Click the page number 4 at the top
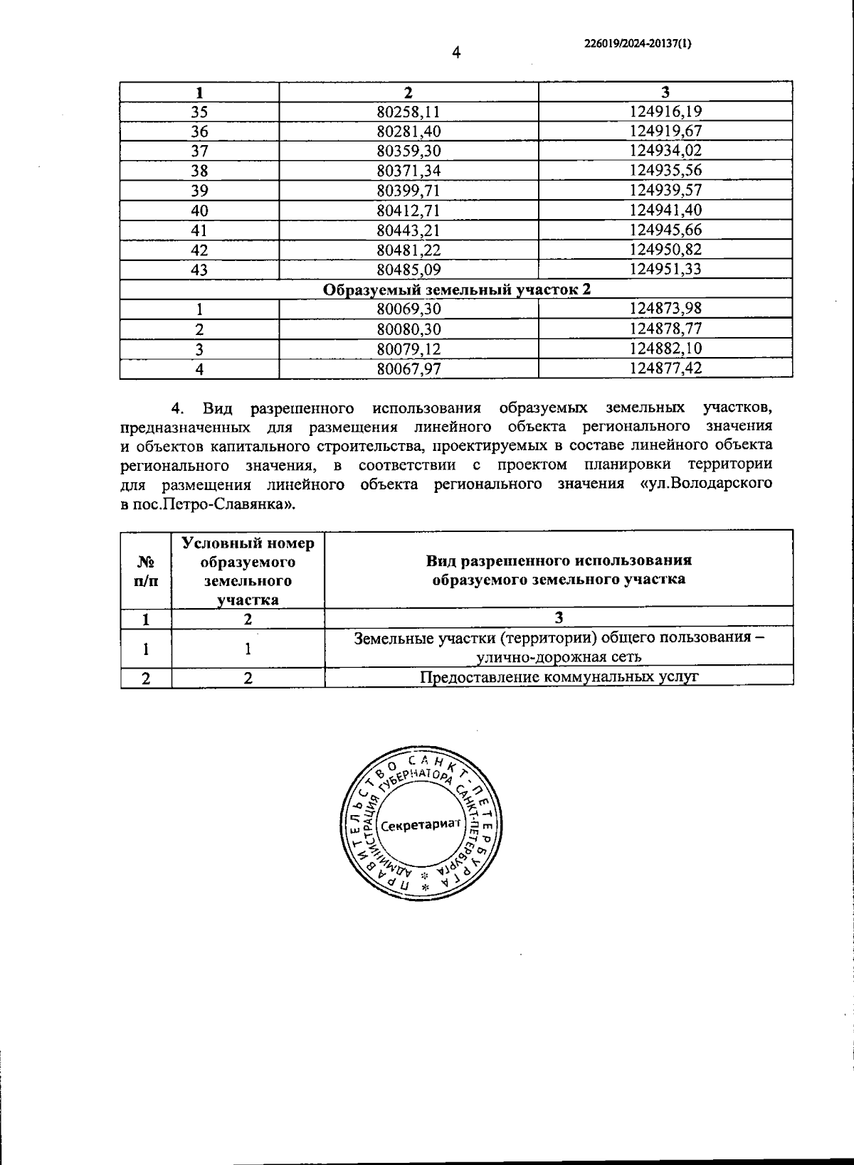(456, 53)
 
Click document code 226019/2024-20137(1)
(638, 43)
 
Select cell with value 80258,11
(408, 112)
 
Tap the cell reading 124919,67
(666, 131)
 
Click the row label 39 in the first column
(199, 191)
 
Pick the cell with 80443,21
(408, 230)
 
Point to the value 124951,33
(666, 270)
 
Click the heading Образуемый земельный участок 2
(457, 289)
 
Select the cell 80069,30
(408, 309)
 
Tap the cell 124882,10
(666, 349)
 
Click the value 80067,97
(408, 368)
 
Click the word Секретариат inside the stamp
(421, 826)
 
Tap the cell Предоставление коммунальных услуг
(559, 676)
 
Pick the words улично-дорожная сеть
(559, 656)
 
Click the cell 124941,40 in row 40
(666, 211)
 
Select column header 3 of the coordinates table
(666, 92)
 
